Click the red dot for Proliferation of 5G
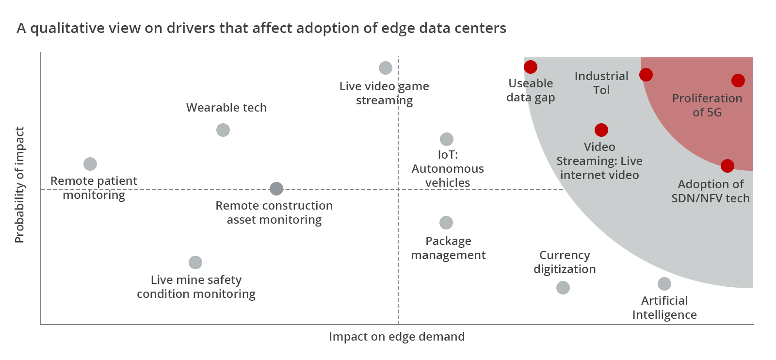738,81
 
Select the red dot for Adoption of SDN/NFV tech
727,166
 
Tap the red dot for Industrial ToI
646,75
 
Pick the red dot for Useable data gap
531,67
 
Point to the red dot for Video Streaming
601,131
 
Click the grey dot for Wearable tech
223,131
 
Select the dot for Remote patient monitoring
90,164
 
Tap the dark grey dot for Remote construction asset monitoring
276,189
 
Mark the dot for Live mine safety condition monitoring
195,262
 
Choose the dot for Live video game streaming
385,68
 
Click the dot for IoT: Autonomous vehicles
447,139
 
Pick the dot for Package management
446,223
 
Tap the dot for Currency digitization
563,288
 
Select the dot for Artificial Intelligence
664,284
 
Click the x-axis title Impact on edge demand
397,337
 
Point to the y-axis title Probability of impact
19,185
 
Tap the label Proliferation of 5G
707,105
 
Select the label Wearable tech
226,107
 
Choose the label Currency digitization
565,262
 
